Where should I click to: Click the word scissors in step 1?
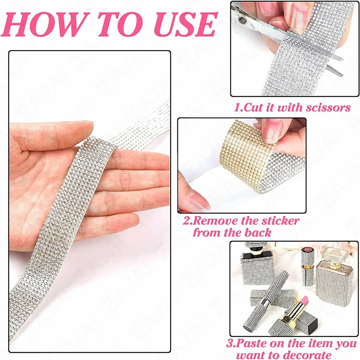tap(328, 108)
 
